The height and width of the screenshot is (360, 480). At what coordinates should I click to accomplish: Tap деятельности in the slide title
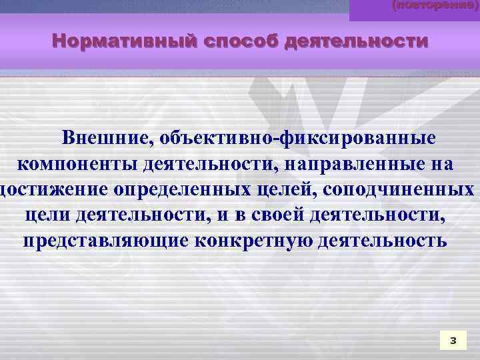[356, 42]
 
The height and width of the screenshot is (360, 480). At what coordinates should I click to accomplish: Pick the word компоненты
[75, 163]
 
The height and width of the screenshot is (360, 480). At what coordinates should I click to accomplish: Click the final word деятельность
[383, 240]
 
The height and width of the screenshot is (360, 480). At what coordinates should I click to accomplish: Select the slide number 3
[453, 341]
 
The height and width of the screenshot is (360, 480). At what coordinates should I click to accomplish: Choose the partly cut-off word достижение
[53, 189]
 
